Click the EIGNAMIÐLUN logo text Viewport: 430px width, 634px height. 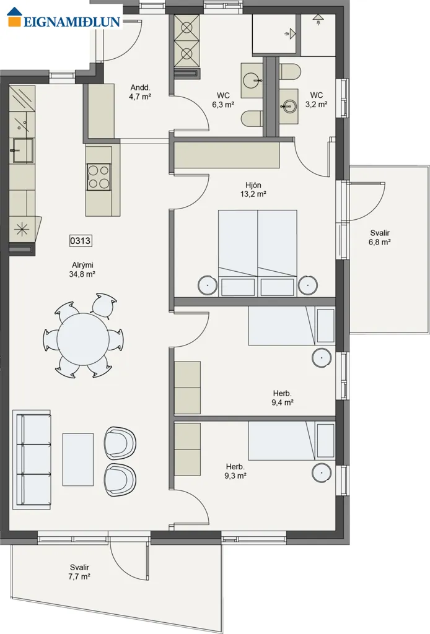point(72,22)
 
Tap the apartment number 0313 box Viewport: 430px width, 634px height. point(81,241)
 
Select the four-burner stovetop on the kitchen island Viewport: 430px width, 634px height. point(99,176)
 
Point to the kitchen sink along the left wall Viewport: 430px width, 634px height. point(23,150)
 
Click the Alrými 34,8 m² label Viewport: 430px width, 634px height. point(82,270)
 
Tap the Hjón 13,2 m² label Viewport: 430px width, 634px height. point(253,189)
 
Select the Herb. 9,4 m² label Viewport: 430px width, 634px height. point(283,398)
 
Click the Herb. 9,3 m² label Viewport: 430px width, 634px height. point(235,471)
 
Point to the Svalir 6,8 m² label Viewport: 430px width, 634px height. point(380,238)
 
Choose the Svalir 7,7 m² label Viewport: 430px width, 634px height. point(79,572)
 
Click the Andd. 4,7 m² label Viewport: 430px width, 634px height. point(141,92)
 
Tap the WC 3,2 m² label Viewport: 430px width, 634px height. point(317,100)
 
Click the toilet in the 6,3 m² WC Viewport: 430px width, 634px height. point(251,118)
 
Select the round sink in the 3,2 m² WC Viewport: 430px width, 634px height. point(288,106)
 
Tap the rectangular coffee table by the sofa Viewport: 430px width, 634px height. point(78,459)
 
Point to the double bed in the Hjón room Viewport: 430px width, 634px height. point(258,253)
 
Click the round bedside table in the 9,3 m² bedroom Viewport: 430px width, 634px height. point(322,472)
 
